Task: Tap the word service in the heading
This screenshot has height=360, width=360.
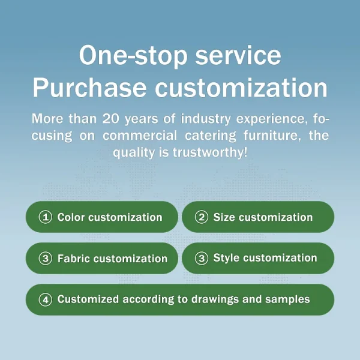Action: [x=239, y=56]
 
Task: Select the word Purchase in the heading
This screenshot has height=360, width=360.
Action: [x=89, y=88]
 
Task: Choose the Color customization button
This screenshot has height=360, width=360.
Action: [x=102, y=217]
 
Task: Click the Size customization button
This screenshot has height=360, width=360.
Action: [x=258, y=217]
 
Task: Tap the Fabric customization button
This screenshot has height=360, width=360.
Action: [x=102, y=259]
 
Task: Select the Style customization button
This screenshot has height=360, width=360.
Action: [x=258, y=258]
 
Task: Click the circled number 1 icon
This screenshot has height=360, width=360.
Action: [x=45, y=217]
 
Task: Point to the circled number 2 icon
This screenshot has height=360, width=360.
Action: [x=202, y=217]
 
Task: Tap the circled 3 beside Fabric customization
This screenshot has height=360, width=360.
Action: [x=45, y=259]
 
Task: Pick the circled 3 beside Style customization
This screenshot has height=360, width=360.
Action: [x=202, y=258]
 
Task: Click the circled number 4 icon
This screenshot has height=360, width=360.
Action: [x=45, y=299]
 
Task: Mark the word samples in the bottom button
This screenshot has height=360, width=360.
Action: [x=290, y=299]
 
